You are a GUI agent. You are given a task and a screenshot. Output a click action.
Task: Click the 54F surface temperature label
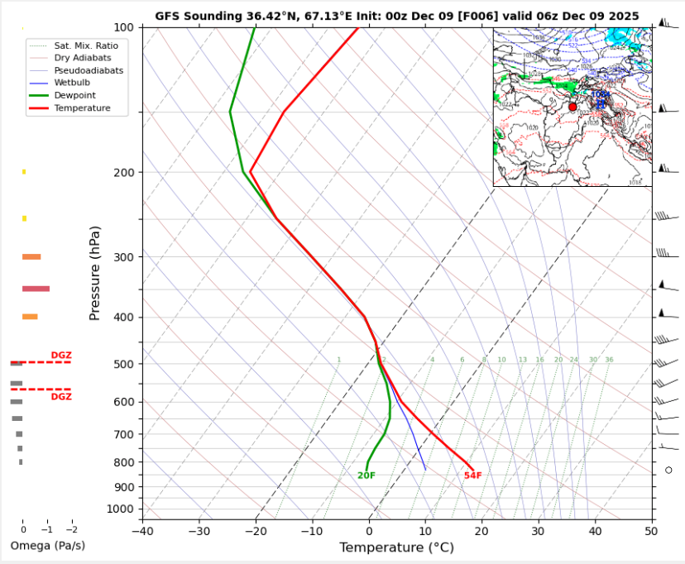point(472,476)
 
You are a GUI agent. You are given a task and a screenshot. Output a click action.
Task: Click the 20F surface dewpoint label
point(366,476)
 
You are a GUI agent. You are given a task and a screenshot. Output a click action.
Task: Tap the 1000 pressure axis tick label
point(121,509)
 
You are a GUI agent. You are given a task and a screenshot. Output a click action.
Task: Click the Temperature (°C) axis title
point(396,547)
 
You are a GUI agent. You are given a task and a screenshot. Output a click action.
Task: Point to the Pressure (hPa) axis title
point(94,273)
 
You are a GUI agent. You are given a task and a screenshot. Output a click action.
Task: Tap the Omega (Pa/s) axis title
point(47,546)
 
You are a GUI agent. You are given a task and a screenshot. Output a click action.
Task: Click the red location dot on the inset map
point(572,107)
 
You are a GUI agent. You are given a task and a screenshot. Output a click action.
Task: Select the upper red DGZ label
point(61,356)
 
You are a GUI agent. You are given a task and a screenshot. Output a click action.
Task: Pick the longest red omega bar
point(36,289)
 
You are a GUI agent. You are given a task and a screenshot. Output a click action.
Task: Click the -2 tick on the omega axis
point(71,529)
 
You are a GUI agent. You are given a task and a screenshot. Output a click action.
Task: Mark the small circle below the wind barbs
point(668,470)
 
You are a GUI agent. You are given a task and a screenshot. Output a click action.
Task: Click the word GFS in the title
point(166,16)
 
